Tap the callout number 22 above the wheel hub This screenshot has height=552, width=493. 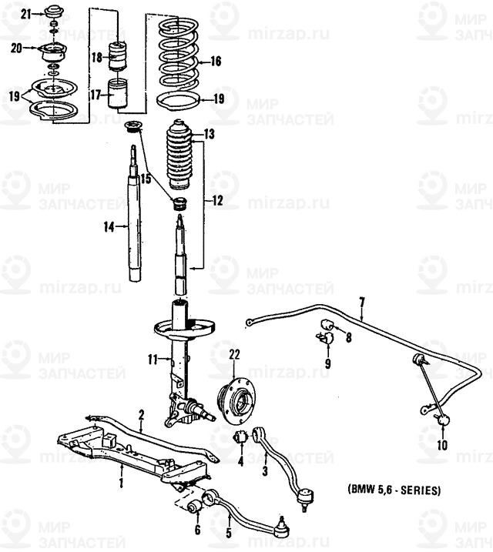tap(235, 354)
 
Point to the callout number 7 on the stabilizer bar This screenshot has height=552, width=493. tap(362, 300)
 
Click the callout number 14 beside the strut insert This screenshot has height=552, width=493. tap(109, 226)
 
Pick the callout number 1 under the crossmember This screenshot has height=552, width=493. tap(121, 483)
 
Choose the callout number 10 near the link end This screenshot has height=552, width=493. tap(441, 445)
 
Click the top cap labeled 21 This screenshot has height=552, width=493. tap(53, 14)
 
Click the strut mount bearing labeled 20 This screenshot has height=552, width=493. tap(53, 54)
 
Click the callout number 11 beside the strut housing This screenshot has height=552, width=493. tap(153, 359)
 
